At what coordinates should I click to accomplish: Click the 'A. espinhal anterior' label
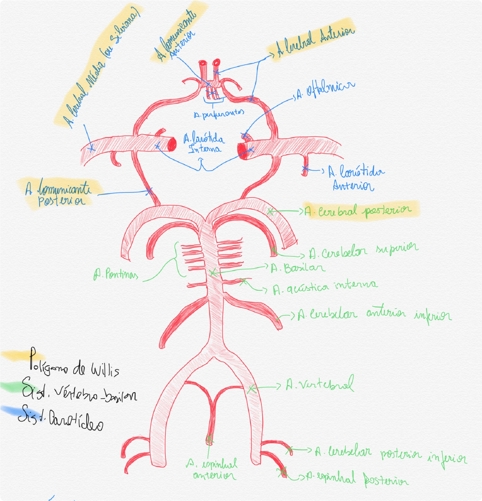pyautogui.click(x=213, y=469)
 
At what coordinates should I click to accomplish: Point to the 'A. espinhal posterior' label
pyautogui.click(x=357, y=479)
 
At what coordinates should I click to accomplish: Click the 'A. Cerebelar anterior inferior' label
pyautogui.click(x=374, y=315)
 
